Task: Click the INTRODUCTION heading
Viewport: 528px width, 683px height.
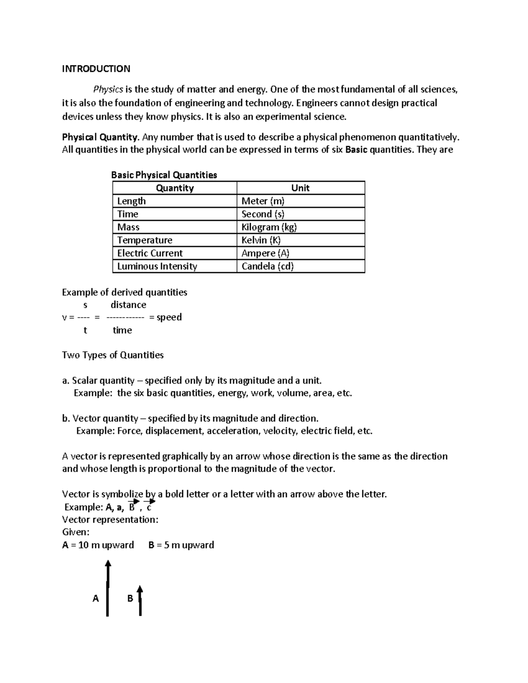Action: (x=96, y=69)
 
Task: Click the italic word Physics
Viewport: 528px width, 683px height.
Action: (x=108, y=90)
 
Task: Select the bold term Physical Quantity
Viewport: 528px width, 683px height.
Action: (x=100, y=137)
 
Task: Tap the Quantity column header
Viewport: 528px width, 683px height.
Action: (x=175, y=188)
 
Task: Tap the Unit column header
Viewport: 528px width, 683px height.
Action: (x=301, y=188)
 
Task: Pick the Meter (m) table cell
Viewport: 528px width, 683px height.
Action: (x=263, y=201)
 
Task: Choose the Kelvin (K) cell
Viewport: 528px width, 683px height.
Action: (x=261, y=240)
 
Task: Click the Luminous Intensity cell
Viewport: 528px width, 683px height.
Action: (x=157, y=267)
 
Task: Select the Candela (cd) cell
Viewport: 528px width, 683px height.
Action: (x=268, y=267)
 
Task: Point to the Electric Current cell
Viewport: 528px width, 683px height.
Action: (x=150, y=253)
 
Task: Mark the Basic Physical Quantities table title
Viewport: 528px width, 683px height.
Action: (x=164, y=175)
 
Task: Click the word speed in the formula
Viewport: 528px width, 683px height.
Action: (x=169, y=318)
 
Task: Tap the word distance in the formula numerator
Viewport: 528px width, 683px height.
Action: (x=128, y=305)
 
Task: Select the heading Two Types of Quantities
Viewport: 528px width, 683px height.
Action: (x=113, y=355)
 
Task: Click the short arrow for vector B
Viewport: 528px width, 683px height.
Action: (x=140, y=601)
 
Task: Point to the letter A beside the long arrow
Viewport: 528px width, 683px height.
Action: (x=95, y=599)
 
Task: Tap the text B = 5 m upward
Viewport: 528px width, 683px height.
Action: (x=181, y=545)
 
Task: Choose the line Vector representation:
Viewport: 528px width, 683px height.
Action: (x=110, y=520)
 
